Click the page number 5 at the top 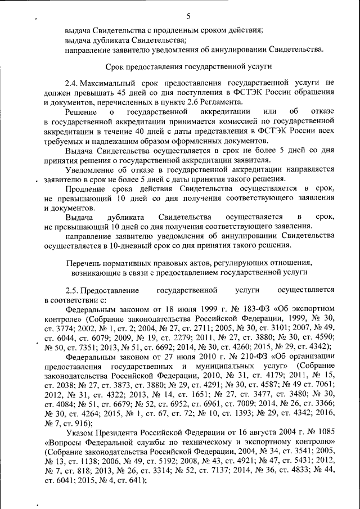[x=188, y=16]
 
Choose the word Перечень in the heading [x=83, y=263]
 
